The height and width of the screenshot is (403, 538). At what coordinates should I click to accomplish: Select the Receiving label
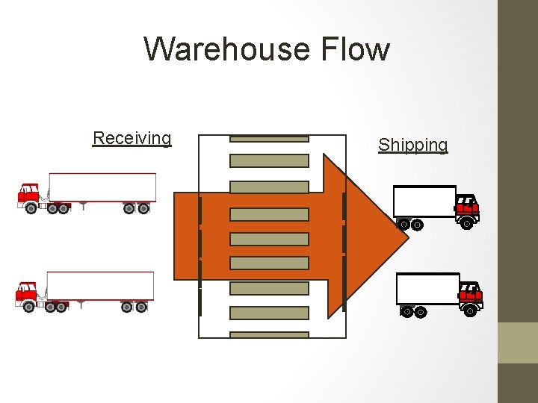pyautogui.click(x=132, y=138)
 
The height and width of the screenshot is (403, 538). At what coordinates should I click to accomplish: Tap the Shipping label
pyautogui.click(x=412, y=145)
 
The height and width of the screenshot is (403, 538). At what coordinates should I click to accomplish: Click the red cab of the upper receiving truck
pyautogui.click(x=29, y=193)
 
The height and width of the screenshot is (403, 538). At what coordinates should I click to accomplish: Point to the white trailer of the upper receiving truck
pyautogui.click(x=102, y=187)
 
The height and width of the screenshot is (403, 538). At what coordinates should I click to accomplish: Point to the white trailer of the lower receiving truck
pyautogui.click(x=100, y=286)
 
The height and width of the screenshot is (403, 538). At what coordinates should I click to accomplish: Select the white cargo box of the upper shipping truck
pyautogui.click(x=424, y=201)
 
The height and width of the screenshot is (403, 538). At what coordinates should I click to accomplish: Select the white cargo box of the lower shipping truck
pyautogui.click(x=427, y=289)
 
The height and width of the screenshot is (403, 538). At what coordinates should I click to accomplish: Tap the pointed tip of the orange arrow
pyautogui.click(x=407, y=237)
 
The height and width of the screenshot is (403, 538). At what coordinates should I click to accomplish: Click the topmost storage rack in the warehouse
pyautogui.click(x=269, y=138)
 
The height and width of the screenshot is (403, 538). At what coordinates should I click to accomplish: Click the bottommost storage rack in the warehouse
pyautogui.click(x=269, y=335)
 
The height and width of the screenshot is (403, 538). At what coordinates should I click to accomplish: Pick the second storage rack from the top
pyautogui.click(x=269, y=160)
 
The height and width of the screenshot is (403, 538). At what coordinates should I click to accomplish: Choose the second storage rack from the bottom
pyautogui.click(x=269, y=313)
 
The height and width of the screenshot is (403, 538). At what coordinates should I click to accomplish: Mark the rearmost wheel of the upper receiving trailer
pyautogui.click(x=143, y=209)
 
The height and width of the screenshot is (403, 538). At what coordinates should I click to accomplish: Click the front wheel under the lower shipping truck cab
pyautogui.click(x=470, y=311)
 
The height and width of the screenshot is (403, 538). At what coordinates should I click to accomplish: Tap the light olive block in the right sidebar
pyautogui.click(x=518, y=343)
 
